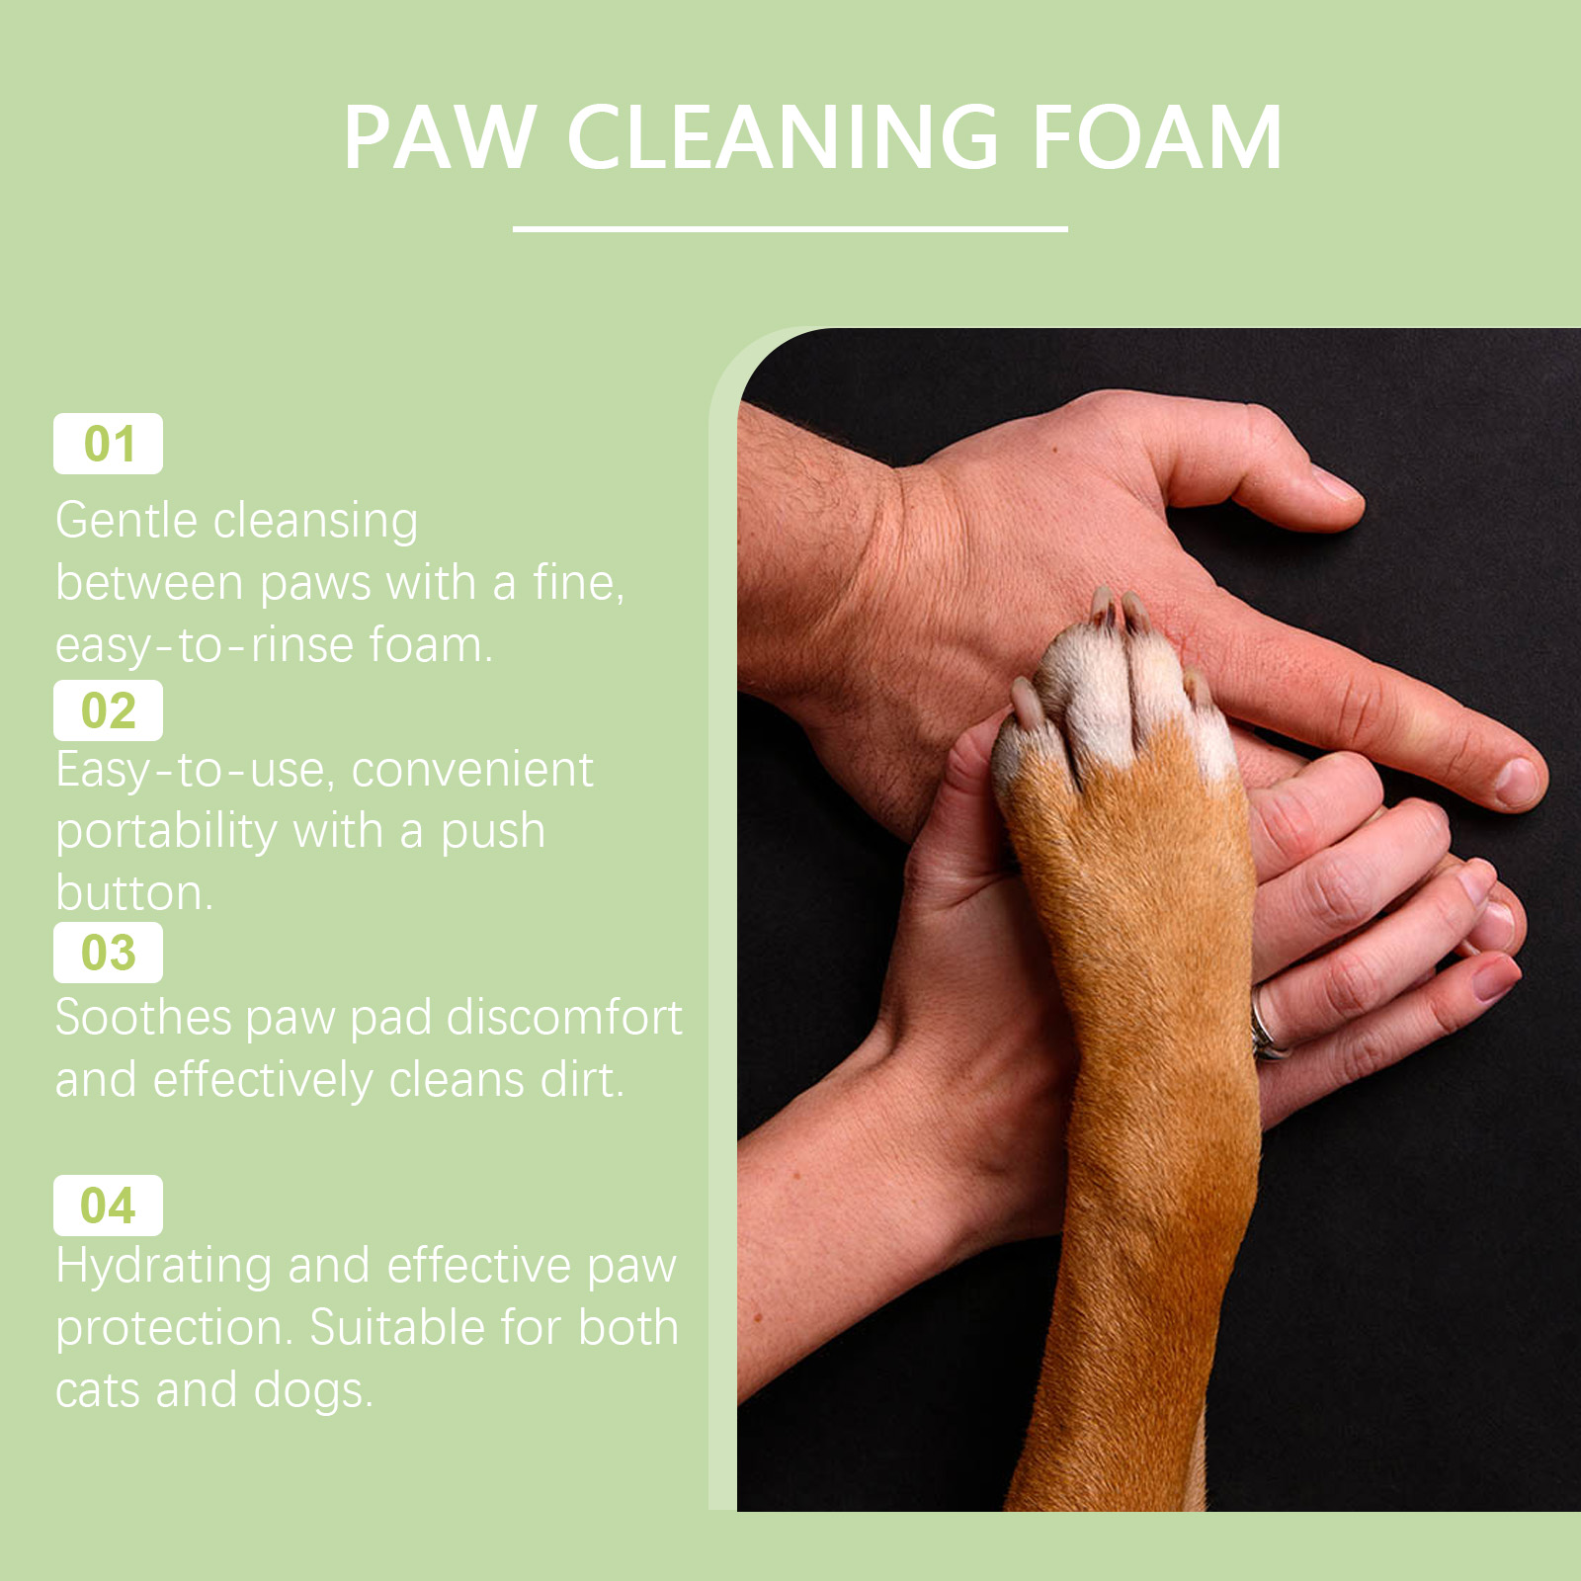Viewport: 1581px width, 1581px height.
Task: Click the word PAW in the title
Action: pyautogui.click(x=440, y=137)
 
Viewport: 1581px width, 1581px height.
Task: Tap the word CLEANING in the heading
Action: pyautogui.click(x=783, y=137)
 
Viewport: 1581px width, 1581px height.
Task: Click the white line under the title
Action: pyautogui.click(x=790, y=228)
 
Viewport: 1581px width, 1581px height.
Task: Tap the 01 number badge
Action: pyautogui.click(x=108, y=444)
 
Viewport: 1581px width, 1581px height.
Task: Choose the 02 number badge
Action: pyautogui.click(x=108, y=710)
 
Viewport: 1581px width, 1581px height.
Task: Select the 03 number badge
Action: pyautogui.click(x=108, y=953)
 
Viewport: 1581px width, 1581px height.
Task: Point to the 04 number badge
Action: pyautogui.click(x=108, y=1206)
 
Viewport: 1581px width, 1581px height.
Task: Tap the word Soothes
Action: pyautogui.click(x=143, y=1017)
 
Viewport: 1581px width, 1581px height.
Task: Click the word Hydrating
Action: pyautogui.click(x=163, y=1268)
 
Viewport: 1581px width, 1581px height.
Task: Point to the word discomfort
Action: pyautogui.click(x=564, y=1017)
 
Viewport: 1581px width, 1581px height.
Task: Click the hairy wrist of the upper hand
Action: pyautogui.click(x=820, y=553)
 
